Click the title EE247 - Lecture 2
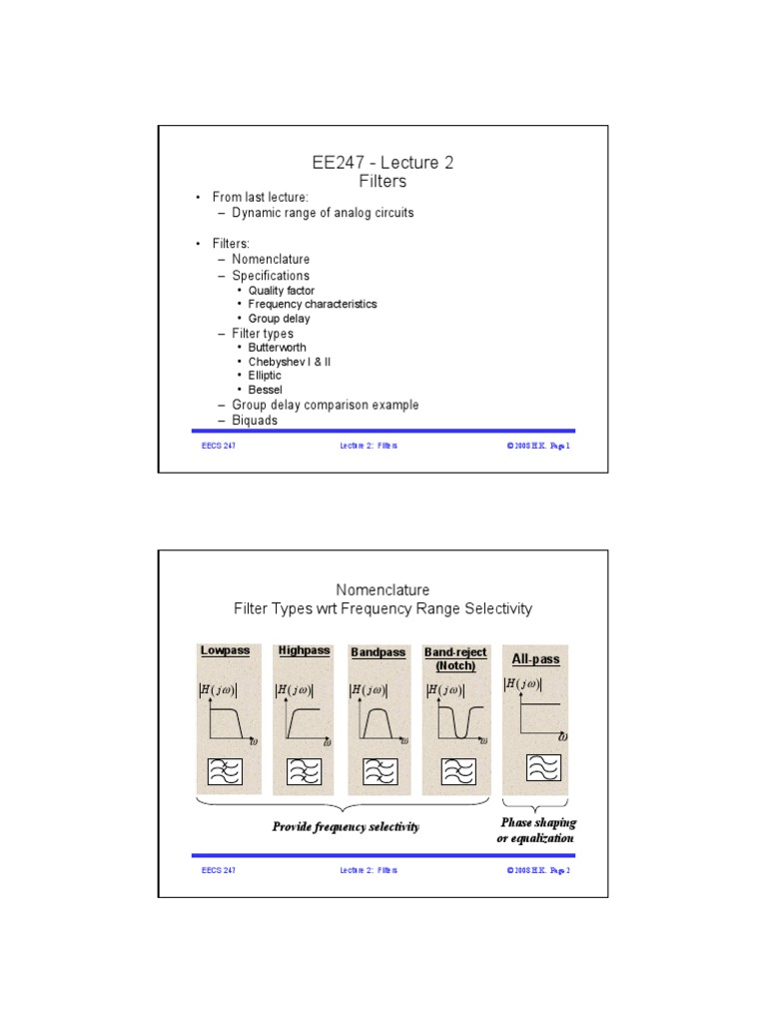(x=383, y=163)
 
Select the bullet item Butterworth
(x=278, y=348)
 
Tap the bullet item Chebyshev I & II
(x=289, y=362)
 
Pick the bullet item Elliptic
(x=265, y=376)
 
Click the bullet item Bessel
(x=265, y=390)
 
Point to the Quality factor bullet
(x=282, y=291)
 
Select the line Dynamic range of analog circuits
(x=323, y=213)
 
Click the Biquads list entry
(x=255, y=421)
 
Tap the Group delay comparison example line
(x=325, y=405)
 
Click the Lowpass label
(x=224, y=650)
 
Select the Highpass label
(x=304, y=650)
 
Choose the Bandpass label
(x=379, y=652)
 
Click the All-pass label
(x=535, y=660)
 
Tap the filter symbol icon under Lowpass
(x=226, y=771)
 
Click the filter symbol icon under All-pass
(x=542, y=766)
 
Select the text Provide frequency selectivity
(x=346, y=827)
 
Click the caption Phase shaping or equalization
(x=536, y=830)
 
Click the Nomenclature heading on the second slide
(x=383, y=589)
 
